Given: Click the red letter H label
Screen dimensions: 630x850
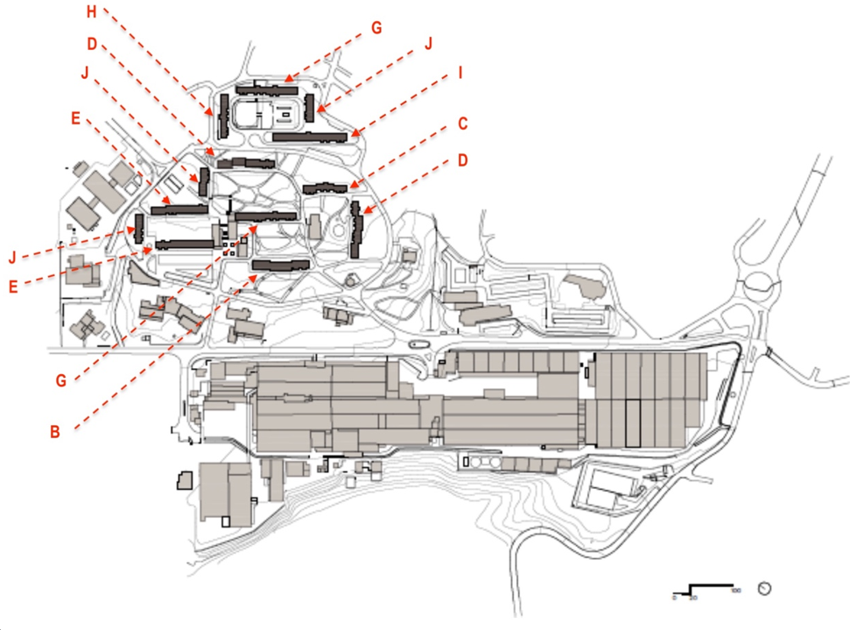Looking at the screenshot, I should (93, 11).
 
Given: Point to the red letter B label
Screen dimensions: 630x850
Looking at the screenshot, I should (55, 431).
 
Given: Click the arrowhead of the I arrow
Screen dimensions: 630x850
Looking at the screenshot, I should (353, 135).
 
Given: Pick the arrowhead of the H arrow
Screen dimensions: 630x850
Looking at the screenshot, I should (211, 114).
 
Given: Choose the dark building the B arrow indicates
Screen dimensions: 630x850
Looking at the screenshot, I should (280, 265).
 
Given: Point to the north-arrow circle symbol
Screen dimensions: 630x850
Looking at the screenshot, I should (765, 588).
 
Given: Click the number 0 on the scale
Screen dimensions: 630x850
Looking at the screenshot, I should (674, 597).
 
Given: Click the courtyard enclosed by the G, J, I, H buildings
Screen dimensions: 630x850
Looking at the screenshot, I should (266, 112).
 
